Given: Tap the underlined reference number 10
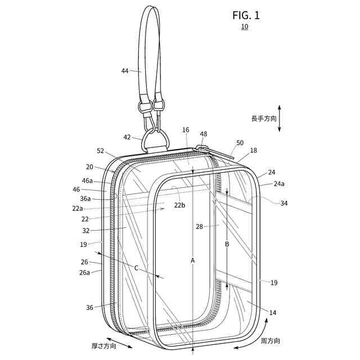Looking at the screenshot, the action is [x=244, y=27].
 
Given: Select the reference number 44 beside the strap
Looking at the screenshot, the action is [x=125, y=71].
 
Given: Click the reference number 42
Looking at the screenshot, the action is [x=127, y=137].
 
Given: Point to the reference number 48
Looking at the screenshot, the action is [x=203, y=134].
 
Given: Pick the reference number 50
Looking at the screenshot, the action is [x=240, y=143].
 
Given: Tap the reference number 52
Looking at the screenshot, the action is [x=101, y=151].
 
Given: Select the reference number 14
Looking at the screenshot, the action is [x=273, y=312].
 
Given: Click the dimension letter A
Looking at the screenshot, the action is [x=192, y=260].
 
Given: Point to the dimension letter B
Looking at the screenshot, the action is [x=227, y=245].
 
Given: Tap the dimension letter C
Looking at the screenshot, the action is [x=136, y=268].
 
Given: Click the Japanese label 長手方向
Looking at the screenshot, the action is [x=264, y=119].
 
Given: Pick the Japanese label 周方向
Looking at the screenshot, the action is [x=270, y=341].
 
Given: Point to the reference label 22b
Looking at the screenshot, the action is [x=179, y=205].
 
